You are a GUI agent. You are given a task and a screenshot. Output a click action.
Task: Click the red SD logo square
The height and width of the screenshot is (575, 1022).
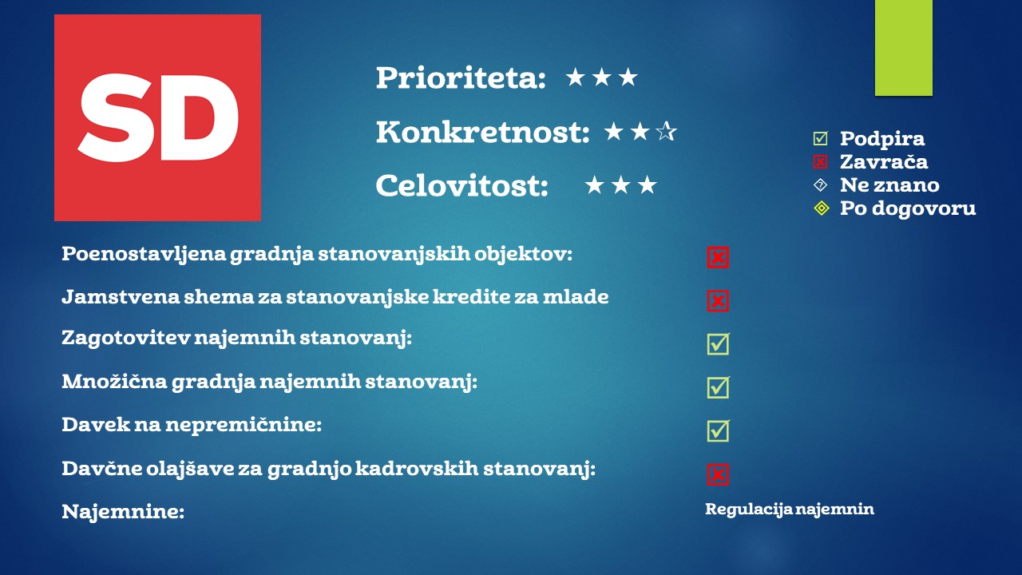(157, 117)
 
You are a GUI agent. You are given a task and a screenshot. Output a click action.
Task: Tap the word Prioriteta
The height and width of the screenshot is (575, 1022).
(461, 77)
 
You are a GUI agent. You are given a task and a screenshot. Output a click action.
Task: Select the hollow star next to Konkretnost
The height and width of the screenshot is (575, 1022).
(666, 132)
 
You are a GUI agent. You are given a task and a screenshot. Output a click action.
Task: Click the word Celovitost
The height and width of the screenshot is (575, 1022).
(461, 186)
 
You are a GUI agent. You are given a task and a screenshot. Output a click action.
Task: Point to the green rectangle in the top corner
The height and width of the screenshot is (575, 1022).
(903, 48)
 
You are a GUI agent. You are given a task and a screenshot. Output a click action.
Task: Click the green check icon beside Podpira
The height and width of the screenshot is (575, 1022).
(820, 138)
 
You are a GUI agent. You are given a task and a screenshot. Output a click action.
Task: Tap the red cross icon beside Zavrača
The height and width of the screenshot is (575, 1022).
(820, 161)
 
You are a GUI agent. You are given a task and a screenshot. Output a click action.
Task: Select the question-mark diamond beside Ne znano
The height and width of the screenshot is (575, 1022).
(820, 185)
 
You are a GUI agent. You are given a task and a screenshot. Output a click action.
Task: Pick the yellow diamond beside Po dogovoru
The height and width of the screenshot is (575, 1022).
(822, 208)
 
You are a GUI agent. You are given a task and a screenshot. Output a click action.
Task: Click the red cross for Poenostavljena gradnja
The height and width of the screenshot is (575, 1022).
(718, 257)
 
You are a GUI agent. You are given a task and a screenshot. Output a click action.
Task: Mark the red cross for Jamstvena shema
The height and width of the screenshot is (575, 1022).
(718, 301)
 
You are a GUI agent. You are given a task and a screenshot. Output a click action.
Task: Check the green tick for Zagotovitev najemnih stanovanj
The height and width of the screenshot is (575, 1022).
(719, 343)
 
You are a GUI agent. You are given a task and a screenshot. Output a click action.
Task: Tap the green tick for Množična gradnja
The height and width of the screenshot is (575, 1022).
(719, 387)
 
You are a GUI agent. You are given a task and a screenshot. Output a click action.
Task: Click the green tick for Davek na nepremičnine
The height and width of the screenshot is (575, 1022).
(719, 430)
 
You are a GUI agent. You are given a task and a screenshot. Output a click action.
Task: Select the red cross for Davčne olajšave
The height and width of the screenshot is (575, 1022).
(718, 474)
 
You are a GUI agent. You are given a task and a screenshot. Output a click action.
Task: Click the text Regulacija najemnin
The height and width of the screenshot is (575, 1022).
(790, 510)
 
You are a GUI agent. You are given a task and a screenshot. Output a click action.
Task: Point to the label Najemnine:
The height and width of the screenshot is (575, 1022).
(123, 511)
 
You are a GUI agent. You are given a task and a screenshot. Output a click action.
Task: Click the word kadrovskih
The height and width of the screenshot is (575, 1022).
(417, 469)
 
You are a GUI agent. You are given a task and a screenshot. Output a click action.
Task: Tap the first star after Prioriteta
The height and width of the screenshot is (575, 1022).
(576, 77)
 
